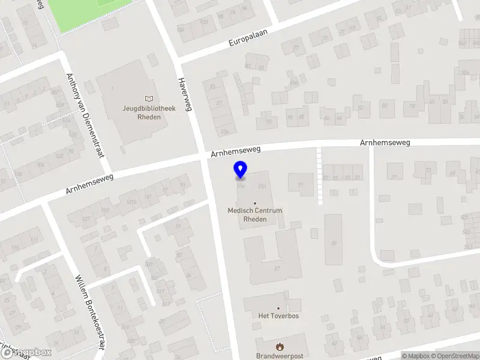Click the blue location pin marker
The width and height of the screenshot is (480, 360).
[241, 170]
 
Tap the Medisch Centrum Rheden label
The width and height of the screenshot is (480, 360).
[255, 215]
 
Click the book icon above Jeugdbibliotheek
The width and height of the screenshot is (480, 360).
[149, 98]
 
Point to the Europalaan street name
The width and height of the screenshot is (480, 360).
[247, 37]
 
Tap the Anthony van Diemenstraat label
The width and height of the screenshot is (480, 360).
[85, 114]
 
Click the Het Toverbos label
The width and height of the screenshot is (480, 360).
[278, 316]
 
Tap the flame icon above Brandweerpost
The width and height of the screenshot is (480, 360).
[279, 346]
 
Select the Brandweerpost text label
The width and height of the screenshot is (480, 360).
[280, 356]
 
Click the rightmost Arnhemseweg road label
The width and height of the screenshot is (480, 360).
[385, 143]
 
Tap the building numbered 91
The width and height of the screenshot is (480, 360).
[301, 185]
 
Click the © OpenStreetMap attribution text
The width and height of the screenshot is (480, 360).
[458, 356]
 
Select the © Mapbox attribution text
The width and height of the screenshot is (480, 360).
[416, 356]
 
